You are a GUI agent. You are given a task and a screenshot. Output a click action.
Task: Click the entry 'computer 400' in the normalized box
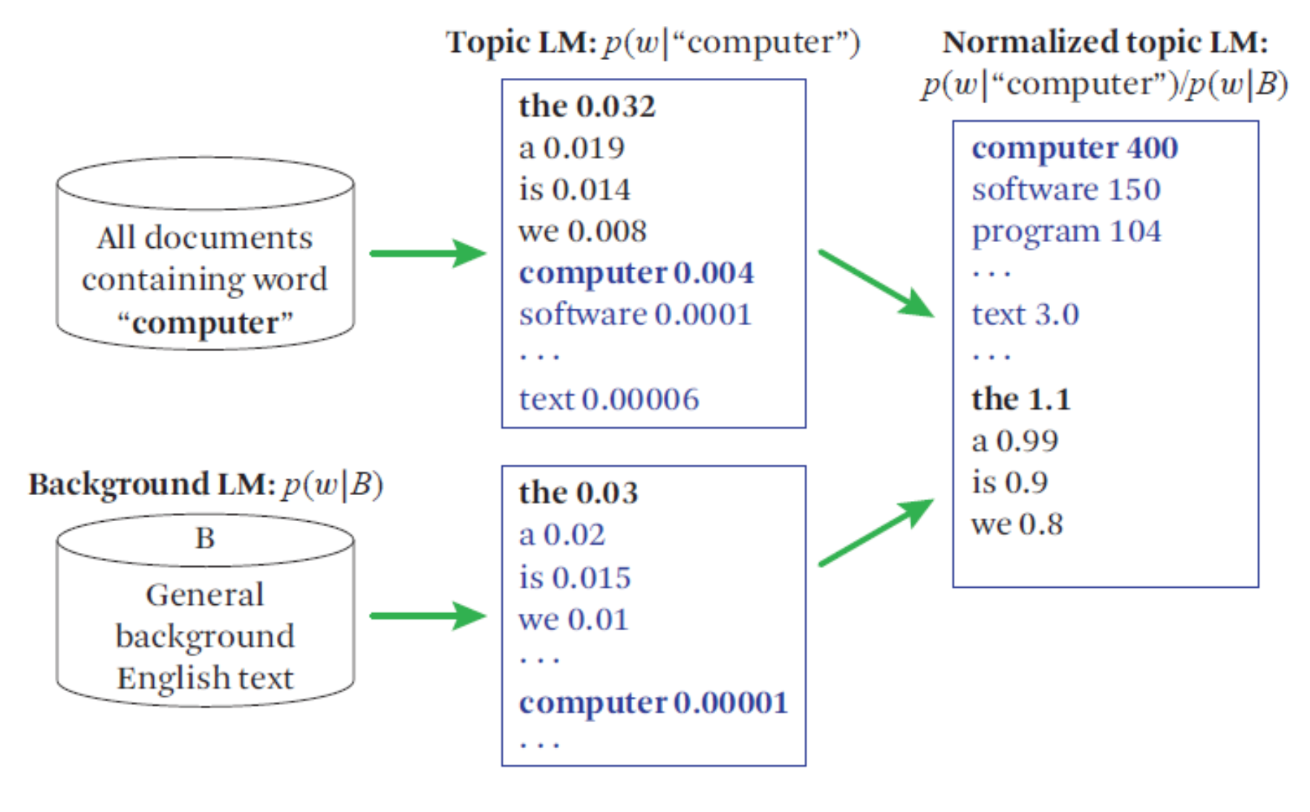pyautogui.click(x=1074, y=148)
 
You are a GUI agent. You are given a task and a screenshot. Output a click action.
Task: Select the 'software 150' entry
pyautogui.click(x=1066, y=190)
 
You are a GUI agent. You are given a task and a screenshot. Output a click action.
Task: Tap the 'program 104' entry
pyautogui.click(x=1066, y=232)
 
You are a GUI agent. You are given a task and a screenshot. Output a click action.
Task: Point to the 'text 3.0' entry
pyautogui.click(x=1025, y=315)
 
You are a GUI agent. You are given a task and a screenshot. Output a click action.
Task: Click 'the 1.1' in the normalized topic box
pyautogui.click(x=1020, y=399)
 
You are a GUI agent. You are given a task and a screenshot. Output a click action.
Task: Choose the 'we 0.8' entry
pyautogui.click(x=1017, y=524)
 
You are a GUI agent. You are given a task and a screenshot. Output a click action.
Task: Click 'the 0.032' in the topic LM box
pyautogui.click(x=587, y=106)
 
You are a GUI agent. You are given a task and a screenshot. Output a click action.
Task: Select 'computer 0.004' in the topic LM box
pyautogui.click(x=636, y=273)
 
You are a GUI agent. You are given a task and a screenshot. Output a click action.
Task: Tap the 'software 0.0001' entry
pyautogui.click(x=635, y=315)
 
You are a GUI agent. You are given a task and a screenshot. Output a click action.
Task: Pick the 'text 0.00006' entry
pyautogui.click(x=608, y=399)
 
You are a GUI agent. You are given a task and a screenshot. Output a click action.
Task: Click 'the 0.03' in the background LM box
pyautogui.click(x=578, y=493)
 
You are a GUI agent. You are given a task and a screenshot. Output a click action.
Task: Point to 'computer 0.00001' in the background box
pyautogui.click(x=653, y=703)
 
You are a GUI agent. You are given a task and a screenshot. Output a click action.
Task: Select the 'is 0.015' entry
pyautogui.click(x=574, y=577)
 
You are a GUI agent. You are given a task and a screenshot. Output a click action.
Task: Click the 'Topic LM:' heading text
pyautogui.click(x=521, y=42)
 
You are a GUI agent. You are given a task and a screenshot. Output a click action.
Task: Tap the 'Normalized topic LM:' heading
pyautogui.click(x=1104, y=42)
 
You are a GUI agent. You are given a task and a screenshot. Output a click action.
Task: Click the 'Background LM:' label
pyautogui.click(x=151, y=485)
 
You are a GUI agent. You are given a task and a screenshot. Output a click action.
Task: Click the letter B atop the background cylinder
pyautogui.click(x=205, y=538)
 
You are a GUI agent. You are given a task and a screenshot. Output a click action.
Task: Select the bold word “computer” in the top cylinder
pyautogui.click(x=205, y=323)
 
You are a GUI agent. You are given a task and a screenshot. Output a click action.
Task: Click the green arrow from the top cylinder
pyautogui.click(x=427, y=253)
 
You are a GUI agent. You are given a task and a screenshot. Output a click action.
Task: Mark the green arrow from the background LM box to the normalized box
pyautogui.click(x=876, y=532)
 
